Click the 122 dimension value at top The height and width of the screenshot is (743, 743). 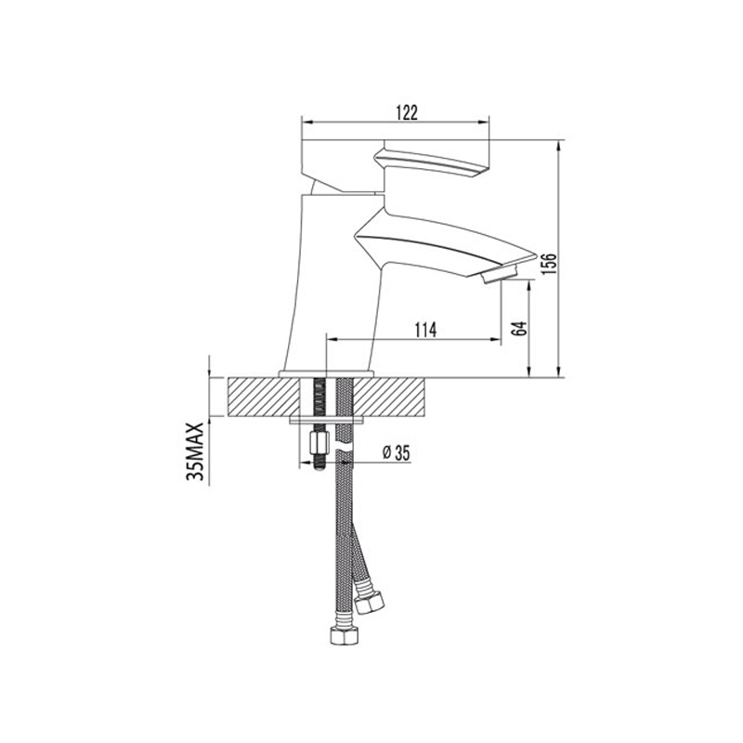[x=407, y=112]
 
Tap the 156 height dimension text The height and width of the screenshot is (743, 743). [x=550, y=264]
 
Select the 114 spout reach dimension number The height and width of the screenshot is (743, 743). [x=425, y=330]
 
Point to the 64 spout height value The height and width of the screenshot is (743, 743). [x=520, y=328]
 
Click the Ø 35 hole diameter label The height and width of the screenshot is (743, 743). [x=396, y=453]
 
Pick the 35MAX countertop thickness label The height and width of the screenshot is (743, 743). [x=195, y=451]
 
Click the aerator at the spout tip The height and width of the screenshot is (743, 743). [x=499, y=275]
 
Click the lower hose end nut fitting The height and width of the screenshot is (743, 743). [x=342, y=635]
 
